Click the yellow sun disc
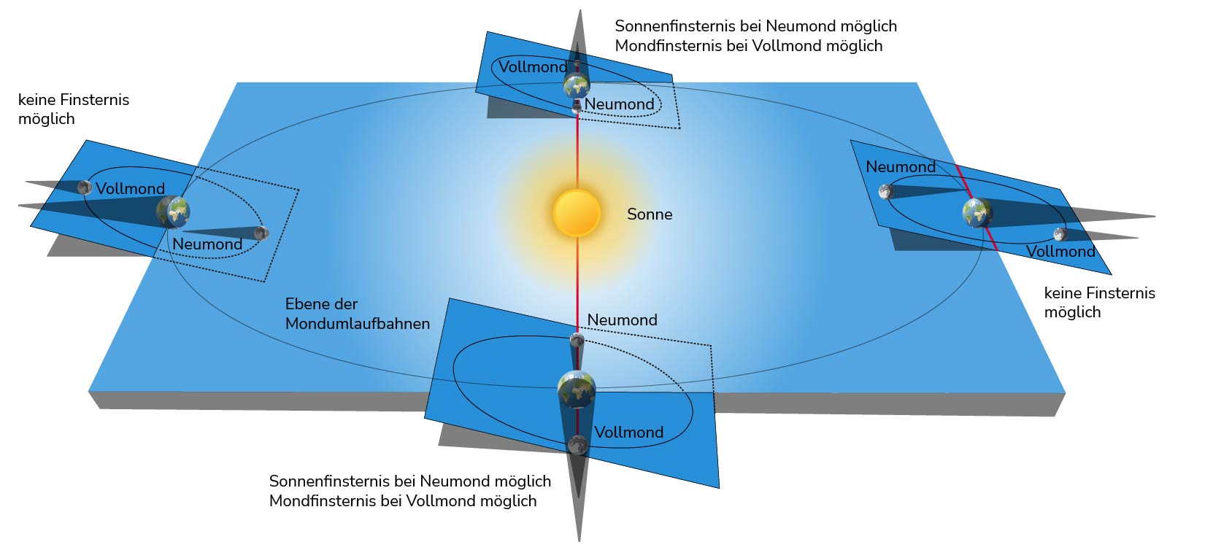point(577,213)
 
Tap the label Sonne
point(650,214)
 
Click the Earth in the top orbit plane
point(577,87)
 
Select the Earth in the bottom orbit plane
point(577,390)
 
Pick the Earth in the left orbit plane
point(174,212)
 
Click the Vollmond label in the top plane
point(533,67)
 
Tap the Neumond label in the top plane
point(619,104)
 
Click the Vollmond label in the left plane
point(131,188)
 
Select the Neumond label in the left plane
point(207,244)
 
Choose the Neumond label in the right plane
point(901,166)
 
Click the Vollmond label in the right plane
point(1060,251)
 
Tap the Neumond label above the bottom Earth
point(622,319)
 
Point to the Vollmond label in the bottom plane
point(629,433)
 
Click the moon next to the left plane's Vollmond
point(85,188)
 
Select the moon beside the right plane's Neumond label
point(886,192)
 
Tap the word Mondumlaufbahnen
point(358,323)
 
